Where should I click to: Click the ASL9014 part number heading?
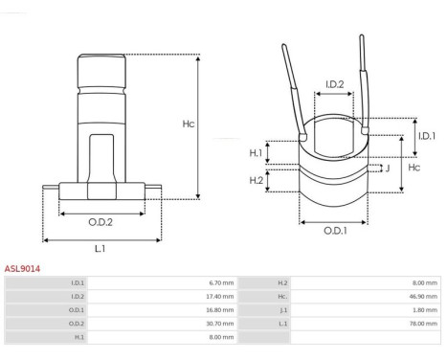[22, 269]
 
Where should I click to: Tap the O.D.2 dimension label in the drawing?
[101, 222]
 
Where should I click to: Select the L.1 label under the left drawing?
[101, 248]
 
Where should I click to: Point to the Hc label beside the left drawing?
[189, 124]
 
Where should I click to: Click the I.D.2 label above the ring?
[335, 84]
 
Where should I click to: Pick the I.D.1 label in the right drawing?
[427, 136]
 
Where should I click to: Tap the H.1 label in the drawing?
[256, 153]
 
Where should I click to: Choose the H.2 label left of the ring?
[257, 180]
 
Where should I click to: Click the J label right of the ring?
[388, 169]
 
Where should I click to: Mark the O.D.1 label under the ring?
[335, 231]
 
